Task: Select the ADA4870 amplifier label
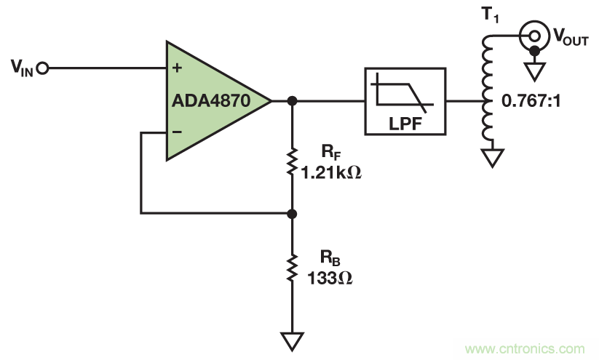tap(211, 102)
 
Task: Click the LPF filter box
tap(405, 101)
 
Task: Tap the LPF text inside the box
tap(405, 124)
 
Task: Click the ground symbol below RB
tap(292, 338)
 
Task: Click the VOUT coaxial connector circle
tap(534, 33)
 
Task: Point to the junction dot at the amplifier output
tap(292, 100)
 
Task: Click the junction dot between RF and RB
tap(292, 214)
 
